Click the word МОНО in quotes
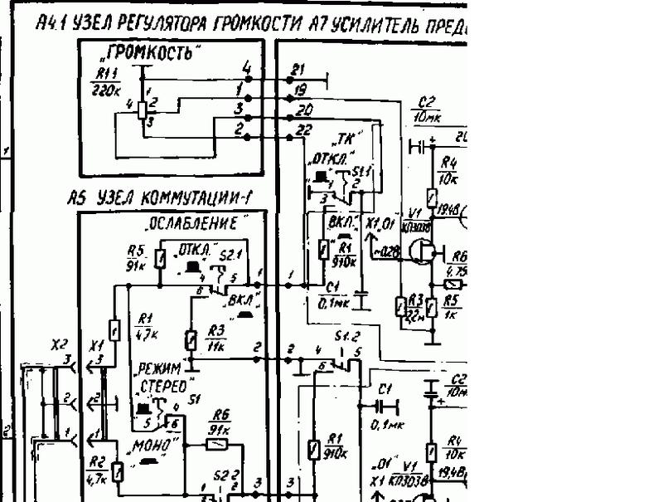pos(155,446)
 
